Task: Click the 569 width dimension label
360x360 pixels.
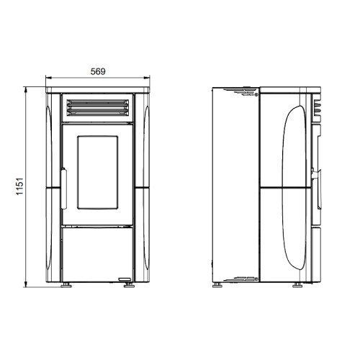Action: point(98,71)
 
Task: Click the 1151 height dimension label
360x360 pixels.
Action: point(19,186)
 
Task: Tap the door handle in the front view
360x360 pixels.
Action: point(64,189)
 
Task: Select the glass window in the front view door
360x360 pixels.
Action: point(98,172)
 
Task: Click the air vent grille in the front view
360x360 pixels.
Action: point(98,108)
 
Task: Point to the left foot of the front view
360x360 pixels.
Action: point(66,285)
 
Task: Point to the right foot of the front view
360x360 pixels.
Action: point(129,285)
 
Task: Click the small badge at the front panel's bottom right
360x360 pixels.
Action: point(125,279)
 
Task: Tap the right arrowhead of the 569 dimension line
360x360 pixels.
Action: point(147,78)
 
